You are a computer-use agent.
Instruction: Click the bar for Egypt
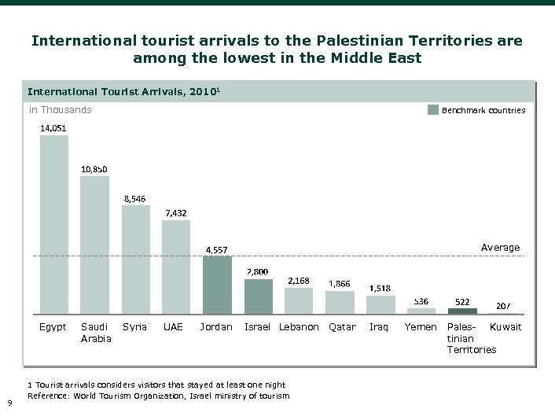pyautogui.click(x=54, y=225)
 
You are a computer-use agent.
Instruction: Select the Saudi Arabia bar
pyautogui.click(x=95, y=245)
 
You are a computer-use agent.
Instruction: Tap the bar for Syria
pyautogui.click(x=135, y=260)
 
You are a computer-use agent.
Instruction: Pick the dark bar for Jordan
pyautogui.click(x=217, y=285)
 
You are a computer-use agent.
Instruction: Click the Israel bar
pyautogui.click(x=258, y=296)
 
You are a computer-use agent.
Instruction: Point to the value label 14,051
pyautogui.click(x=54, y=127)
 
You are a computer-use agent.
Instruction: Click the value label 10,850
pyautogui.click(x=94, y=168)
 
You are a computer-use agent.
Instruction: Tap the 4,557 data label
pyautogui.click(x=217, y=250)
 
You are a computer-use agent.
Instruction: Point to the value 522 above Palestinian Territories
pyautogui.click(x=463, y=302)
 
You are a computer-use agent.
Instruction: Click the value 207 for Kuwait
pyautogui.click(x=504, y=306)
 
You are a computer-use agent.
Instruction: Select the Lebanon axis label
pyautogui.click(x=299, y=327)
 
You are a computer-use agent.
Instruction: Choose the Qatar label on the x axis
pyautogui.click(x=342, y=327)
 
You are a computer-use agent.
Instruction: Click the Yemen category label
pyautogui.click(x=421, y=327)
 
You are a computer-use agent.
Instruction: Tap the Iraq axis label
pyautogui.click(x=380, y=327)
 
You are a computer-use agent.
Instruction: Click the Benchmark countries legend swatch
pyautogui.click(x=432, y=110)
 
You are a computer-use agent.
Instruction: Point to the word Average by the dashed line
pyautogui.click(x=500, y=248)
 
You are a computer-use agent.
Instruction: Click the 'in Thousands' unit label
pyautogui.click(x=61, y=110)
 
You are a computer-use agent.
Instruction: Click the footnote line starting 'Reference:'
pyautogui.click(x=158, y=396)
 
